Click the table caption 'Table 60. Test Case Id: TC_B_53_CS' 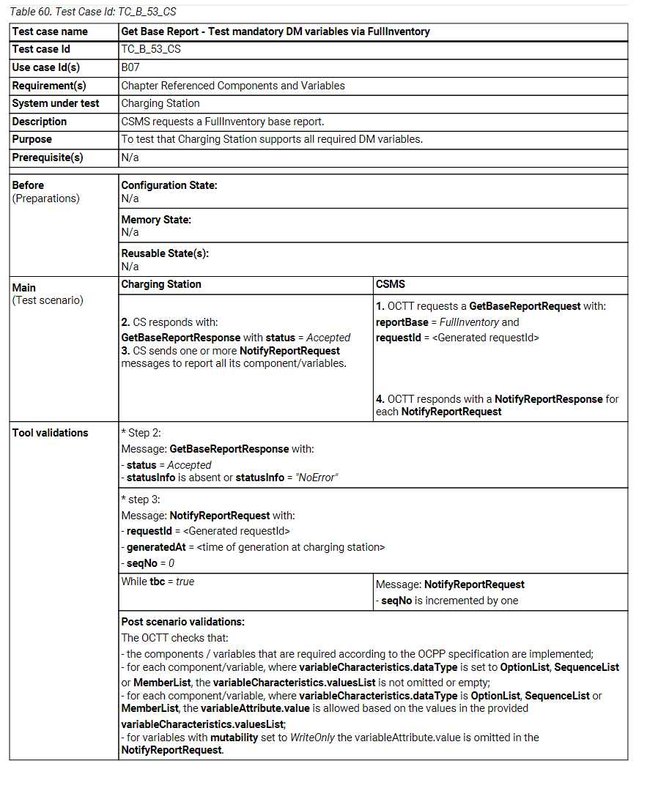[x=92, y=12]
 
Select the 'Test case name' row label [x=50, y=31]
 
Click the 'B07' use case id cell [x=130, y=67]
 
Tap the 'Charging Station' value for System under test [x=160, y=103]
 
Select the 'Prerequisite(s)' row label [x=48, y=157]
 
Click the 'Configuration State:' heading [x=169, y=185]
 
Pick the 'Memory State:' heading [x=156, y=220]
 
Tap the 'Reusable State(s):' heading [x=165, y=253]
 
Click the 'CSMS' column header [x=391, y=283]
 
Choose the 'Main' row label [x=24, y=288]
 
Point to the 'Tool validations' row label [x=50, y=433]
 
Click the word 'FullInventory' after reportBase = [x=470, y=322]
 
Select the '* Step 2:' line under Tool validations [x=141, y=433]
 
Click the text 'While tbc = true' [x=158, y=582]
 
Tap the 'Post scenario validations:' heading [x=182, y=622]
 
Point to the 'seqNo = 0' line [x=147, y=563]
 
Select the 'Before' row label [x=28, y=185]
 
